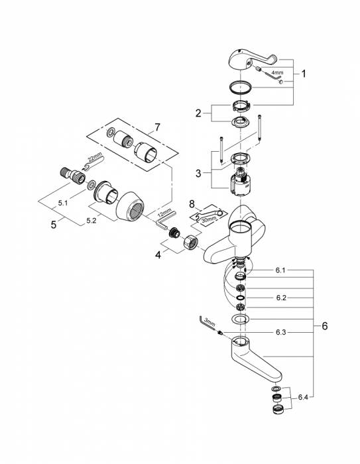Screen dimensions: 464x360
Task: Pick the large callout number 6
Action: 325,327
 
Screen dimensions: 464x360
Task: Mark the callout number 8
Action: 192,204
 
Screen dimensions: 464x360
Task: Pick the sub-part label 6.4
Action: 302,397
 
